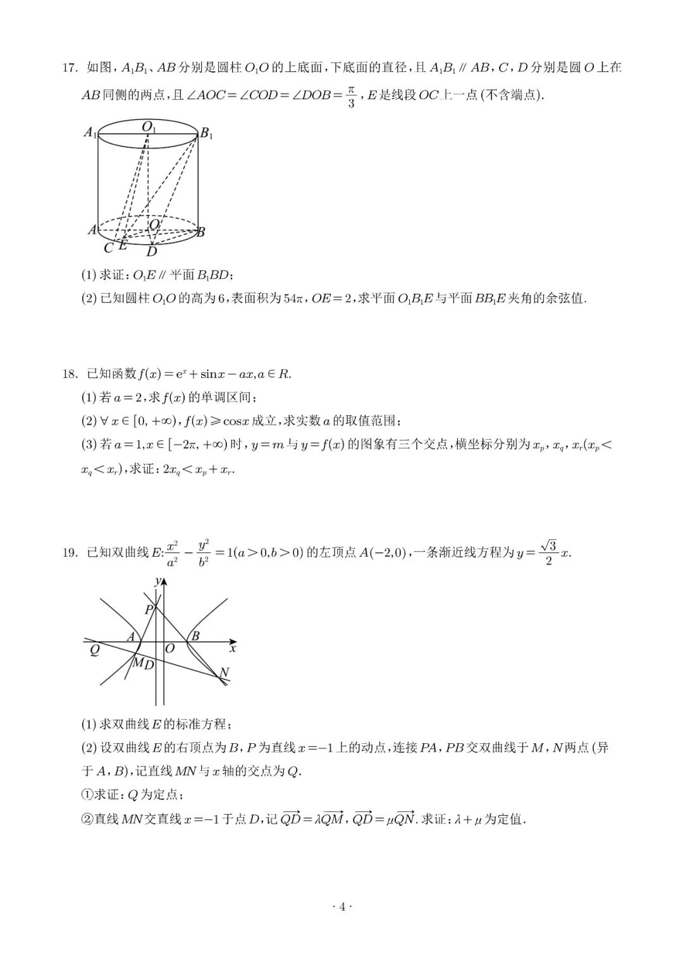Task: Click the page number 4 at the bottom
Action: click(x=341, y=907)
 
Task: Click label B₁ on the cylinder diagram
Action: click(x=207, y=133)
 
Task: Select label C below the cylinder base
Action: click(x=108, y=248)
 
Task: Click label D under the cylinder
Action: click(x=152, y=252)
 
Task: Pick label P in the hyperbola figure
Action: click(x=149, y=610)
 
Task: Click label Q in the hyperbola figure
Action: click(x=94, y=650)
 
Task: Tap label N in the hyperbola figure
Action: click(x=223, y=672)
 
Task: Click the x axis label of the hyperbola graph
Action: click(x=233, y=648)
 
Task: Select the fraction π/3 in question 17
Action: click(x=352, y=97)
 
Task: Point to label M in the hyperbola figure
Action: click(x=137, y=662)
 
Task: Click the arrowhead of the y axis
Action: click(x=164, y=583)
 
